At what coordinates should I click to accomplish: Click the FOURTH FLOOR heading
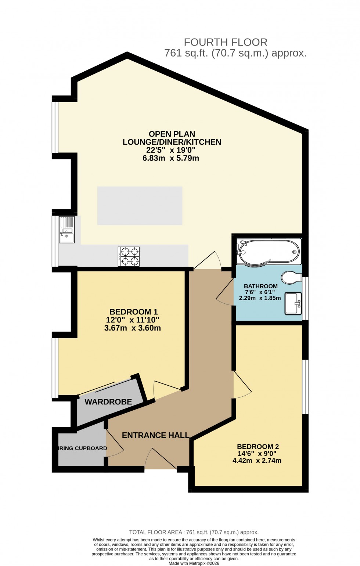click(225, 42)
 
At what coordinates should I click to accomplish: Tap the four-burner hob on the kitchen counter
click(129, 256)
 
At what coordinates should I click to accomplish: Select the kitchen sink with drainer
click(66, 230)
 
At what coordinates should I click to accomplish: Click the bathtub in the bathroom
click(268, 252)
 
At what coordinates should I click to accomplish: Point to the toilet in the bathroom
click(291, 278)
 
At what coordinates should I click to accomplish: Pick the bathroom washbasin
click(293, 303)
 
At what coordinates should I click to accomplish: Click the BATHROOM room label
click(260, 286)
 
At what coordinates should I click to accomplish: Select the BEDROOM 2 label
click(258, 447)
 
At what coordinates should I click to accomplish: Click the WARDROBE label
click(108, 402)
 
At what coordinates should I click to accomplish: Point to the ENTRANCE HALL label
click(155, 435)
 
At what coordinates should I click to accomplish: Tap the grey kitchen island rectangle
click(140, 206)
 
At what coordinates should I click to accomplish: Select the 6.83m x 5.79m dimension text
click(170, 158)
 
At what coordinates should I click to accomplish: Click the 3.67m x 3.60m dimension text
click(132, 328)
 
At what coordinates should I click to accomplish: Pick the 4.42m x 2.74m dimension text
click(257, 461)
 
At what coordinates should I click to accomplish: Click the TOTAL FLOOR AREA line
click(194, 532)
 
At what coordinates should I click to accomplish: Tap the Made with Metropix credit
click(194, 563)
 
